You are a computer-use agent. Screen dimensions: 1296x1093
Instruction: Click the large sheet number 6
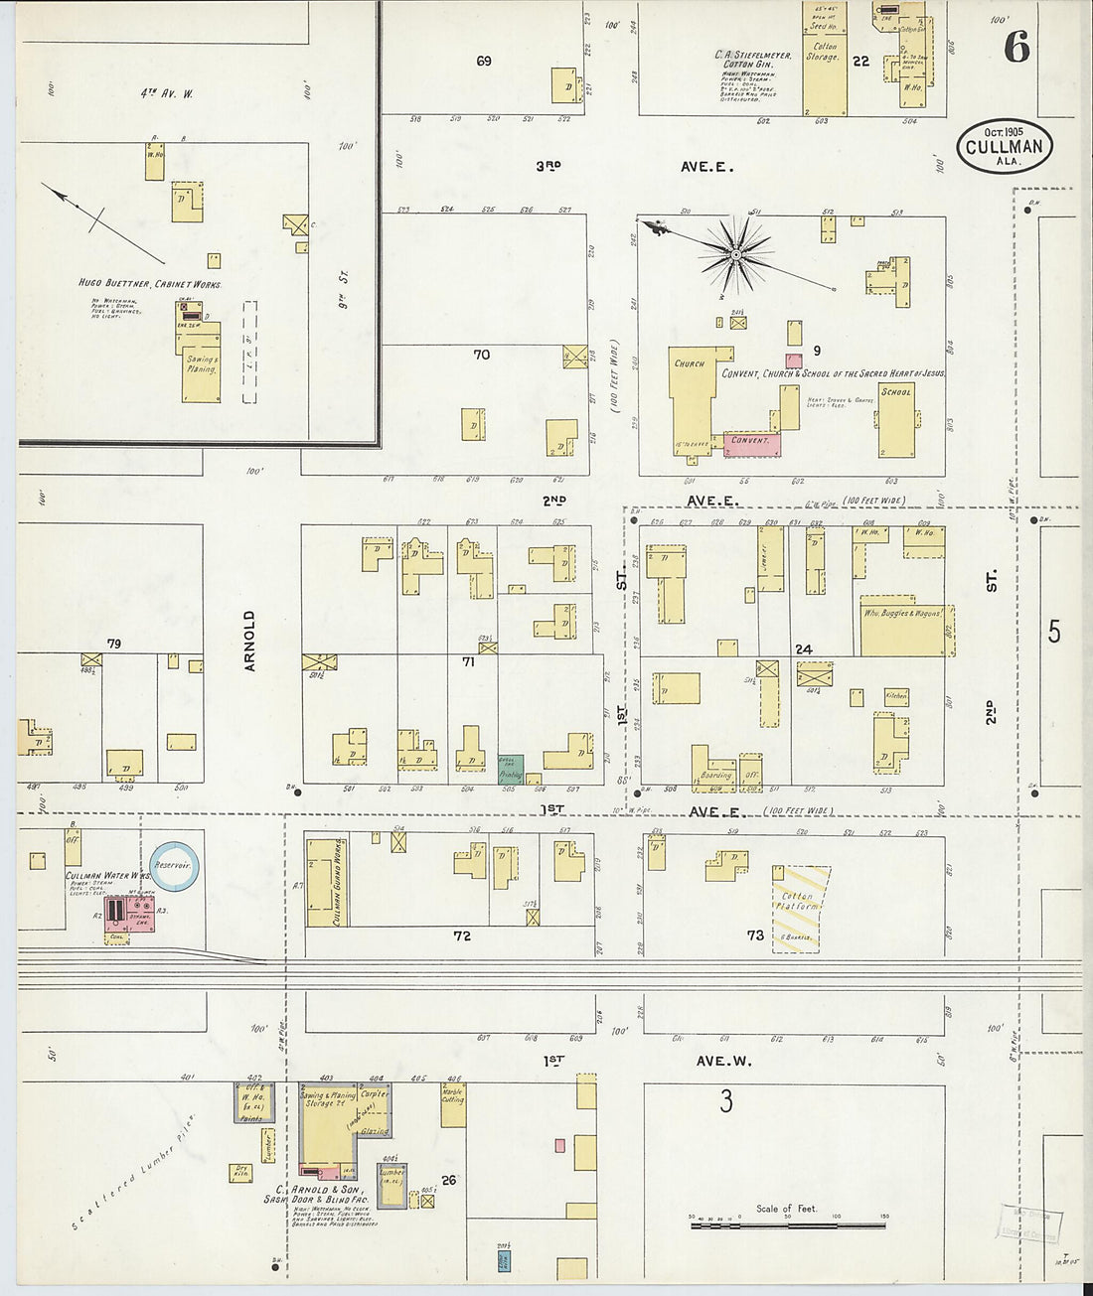point(1015,46)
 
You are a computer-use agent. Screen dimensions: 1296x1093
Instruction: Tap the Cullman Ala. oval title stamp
point(1005,147)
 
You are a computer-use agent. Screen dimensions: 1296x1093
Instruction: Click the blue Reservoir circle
point(175,866)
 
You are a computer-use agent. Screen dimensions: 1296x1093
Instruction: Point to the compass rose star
point(736,255)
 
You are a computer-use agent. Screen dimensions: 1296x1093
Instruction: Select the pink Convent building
point(752,444)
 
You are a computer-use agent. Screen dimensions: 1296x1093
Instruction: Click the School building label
point(895,392)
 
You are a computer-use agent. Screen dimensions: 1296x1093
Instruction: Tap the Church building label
point(689,363)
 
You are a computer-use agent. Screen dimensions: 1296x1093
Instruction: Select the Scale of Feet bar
point(787,1225)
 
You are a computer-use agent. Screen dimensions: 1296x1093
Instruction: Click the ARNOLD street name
point(249,641)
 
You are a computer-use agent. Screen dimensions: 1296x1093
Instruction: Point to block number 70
point(482,355)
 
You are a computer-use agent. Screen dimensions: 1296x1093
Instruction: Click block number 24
point(803,649)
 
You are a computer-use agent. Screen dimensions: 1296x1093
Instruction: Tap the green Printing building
point(511,769)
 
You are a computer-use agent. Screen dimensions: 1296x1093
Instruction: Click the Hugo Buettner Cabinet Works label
point(149,284)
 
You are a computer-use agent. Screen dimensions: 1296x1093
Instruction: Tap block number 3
point(726,1101)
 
